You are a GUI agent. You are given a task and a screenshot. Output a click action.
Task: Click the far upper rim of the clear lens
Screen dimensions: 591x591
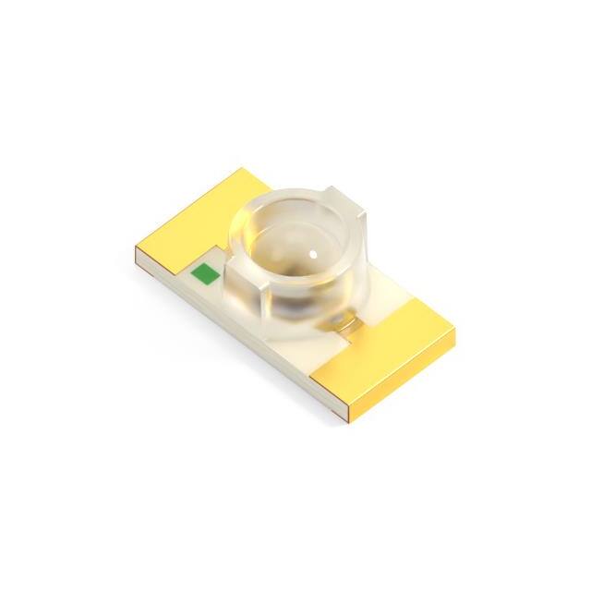(x=305, y=199)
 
